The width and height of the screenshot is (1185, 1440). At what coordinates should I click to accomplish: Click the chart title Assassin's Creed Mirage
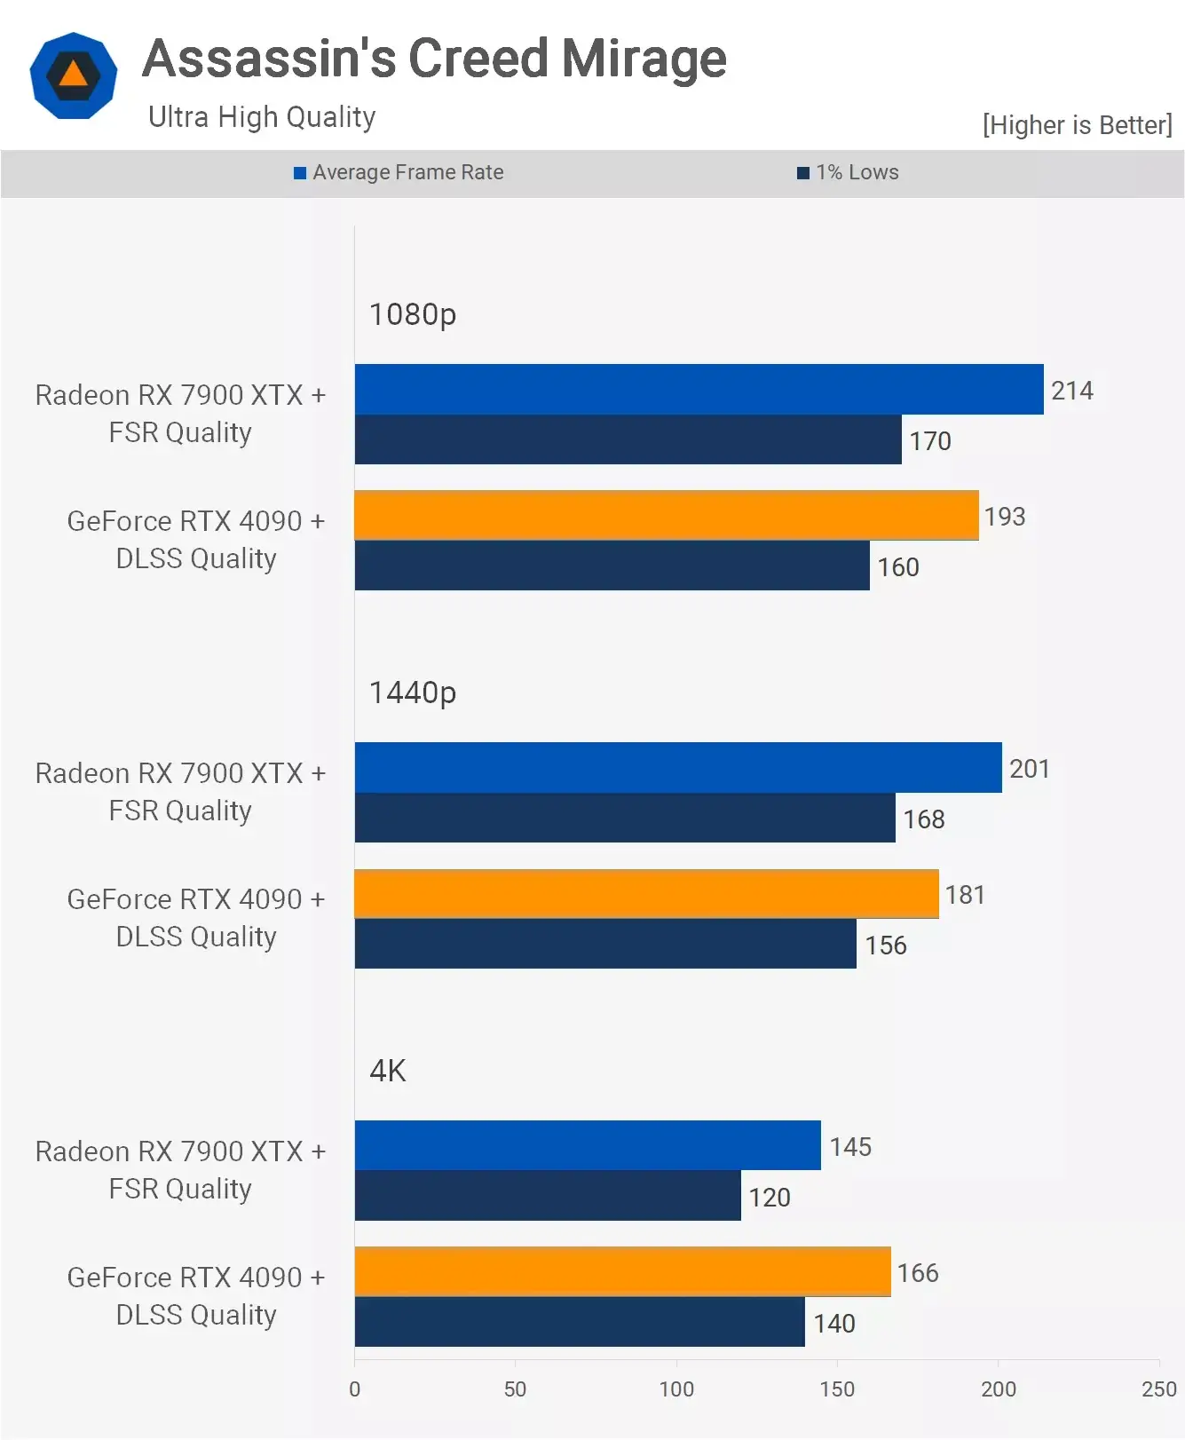point(434,59)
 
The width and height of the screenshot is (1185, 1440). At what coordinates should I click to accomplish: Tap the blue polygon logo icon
point(74,75)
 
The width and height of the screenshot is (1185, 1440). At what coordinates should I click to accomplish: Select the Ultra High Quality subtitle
point(262,117)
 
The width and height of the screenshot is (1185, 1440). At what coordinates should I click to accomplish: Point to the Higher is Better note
point(1077,125)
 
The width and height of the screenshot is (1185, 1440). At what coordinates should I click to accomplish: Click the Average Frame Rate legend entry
point(399,172)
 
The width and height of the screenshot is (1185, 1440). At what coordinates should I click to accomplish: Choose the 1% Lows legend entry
point(849,172)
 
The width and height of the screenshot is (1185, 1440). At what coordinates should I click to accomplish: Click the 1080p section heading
point(413,314)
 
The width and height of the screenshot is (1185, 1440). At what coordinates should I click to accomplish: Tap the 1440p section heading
point(413,692)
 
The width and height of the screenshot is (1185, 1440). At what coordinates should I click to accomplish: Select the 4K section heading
point(388,1071)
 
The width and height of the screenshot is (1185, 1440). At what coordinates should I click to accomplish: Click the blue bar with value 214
point(699,389)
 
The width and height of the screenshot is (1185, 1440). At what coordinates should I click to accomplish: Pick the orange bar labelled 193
point(666,515)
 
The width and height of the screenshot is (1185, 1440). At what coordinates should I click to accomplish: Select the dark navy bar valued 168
point(625,818)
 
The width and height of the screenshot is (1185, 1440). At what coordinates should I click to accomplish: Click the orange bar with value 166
point(622,1271)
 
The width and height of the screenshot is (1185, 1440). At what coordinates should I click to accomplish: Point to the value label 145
point(850,1147)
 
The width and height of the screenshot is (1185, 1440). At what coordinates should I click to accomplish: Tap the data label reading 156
point(886,945)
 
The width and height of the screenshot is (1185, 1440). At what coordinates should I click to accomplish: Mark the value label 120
point(770,1198)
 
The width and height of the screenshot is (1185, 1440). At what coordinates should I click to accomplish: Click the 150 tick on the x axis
point(837,1389)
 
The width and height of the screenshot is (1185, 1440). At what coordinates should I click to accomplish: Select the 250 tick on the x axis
point(1158,1389)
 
